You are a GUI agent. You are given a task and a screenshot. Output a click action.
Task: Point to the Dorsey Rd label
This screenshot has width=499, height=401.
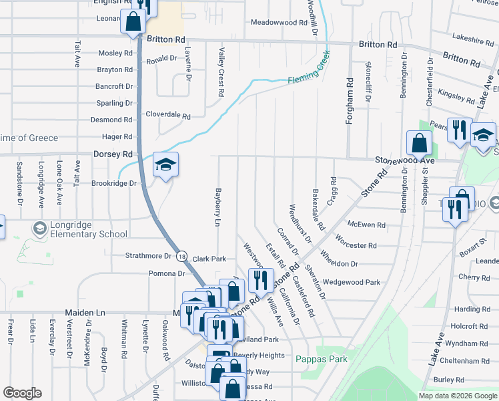point(113,154)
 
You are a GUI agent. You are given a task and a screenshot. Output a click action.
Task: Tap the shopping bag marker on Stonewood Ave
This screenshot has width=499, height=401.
point(419,142)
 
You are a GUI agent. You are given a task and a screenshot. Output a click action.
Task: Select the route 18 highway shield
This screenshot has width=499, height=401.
point(182,256)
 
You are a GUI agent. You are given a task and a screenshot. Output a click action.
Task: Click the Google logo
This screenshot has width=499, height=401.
point(22,393)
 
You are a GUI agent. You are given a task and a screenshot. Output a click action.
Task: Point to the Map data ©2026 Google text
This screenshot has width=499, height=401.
point(457,396)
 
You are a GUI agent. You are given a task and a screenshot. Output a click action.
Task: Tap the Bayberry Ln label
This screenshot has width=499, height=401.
point(217,207)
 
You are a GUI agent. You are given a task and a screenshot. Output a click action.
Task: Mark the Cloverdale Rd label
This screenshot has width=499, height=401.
point(168,115)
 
